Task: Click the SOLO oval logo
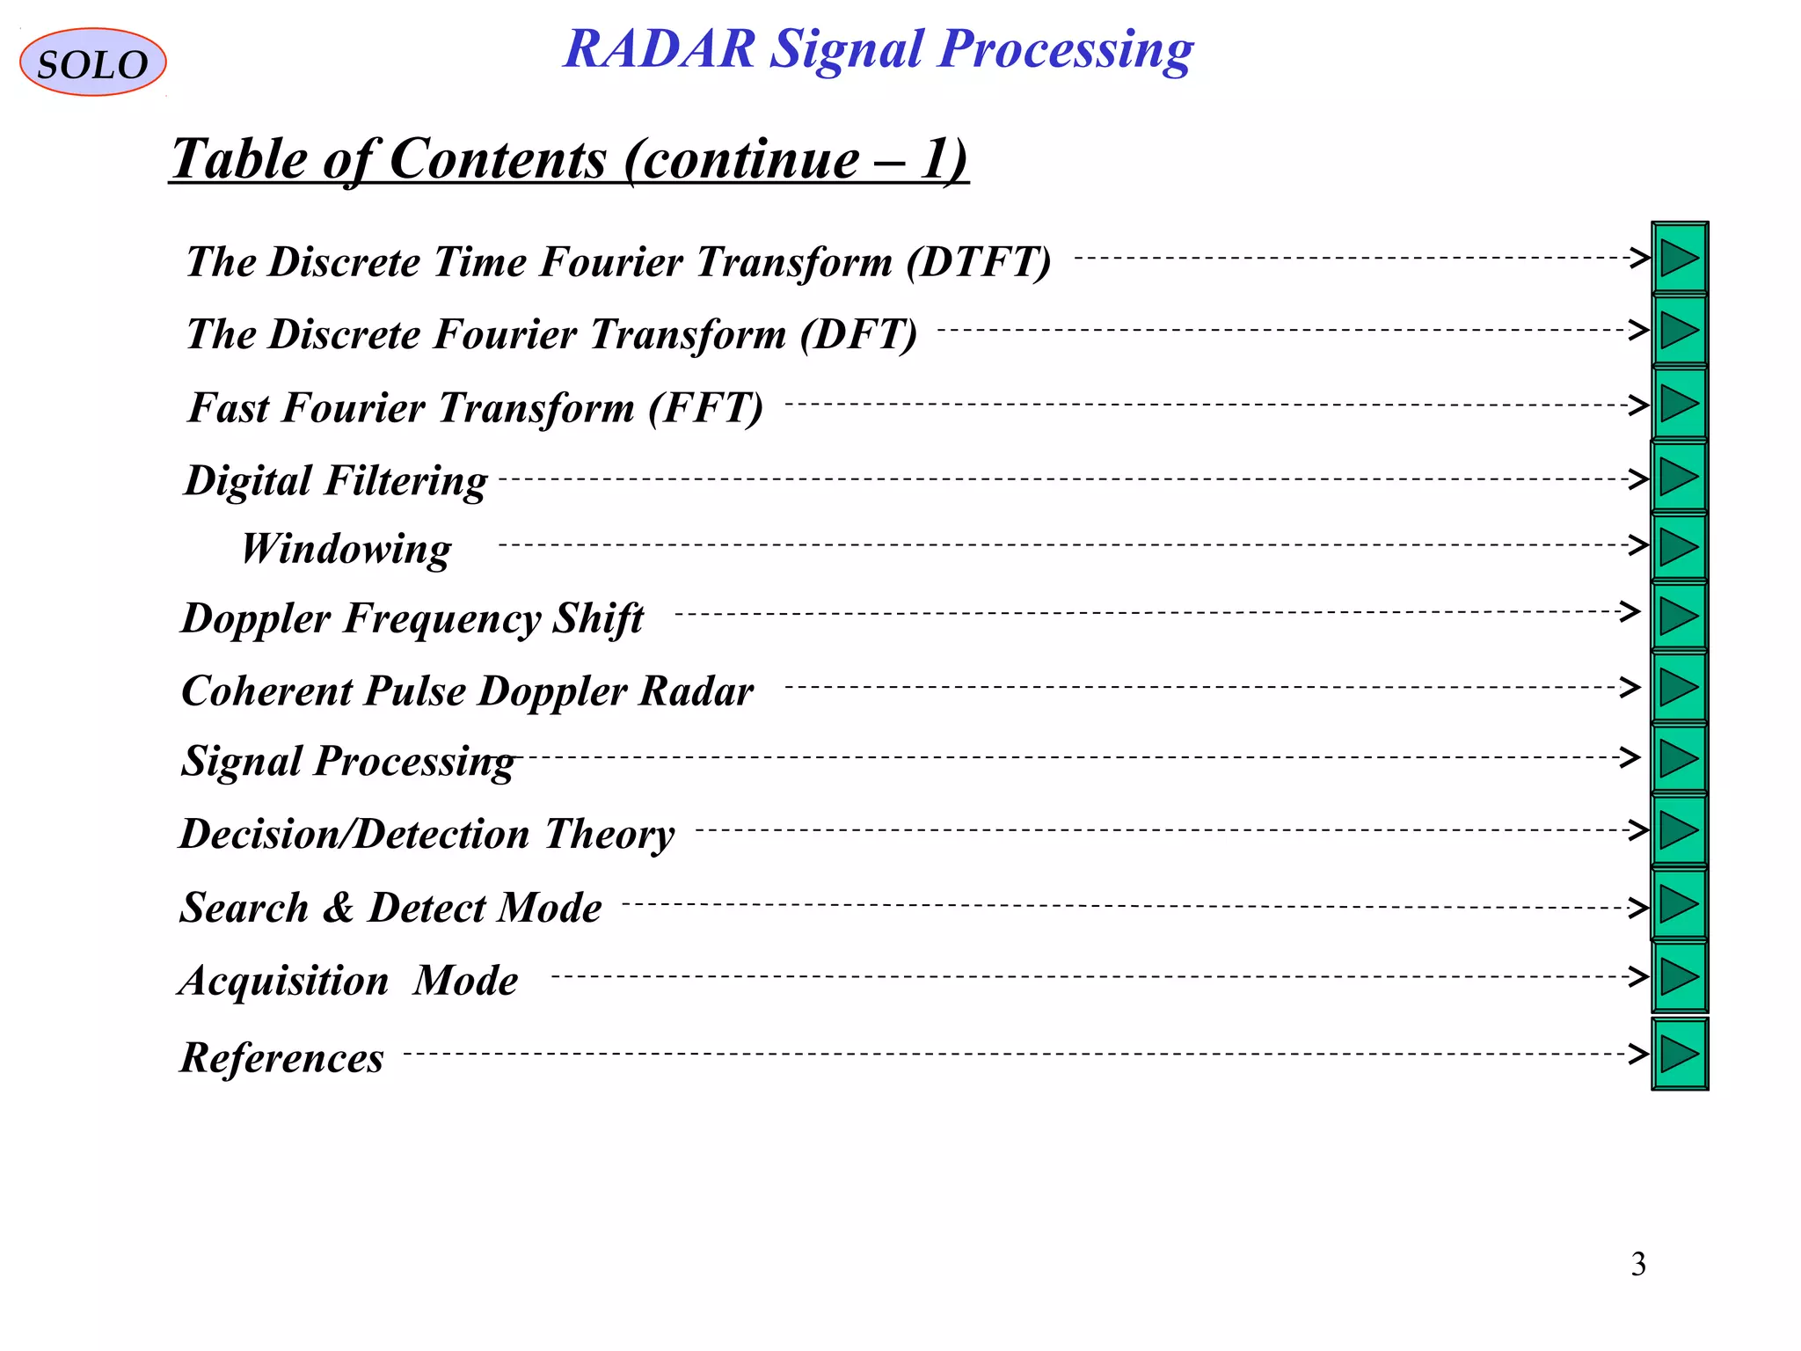pyautogui.click(x=92, y=62)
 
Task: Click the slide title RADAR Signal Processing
pyautogui.click(x=878, y=48)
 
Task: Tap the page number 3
pyautogui.click(x=1638, y=1264)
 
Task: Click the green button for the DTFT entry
pyautogui.click(x=1679, y=259)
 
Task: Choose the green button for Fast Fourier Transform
pyautogui.click(x=1679, y=405)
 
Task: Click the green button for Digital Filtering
pyautogui.click(x=1679, y=478)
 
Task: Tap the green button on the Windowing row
pyautogui.click(x=1679, y=547)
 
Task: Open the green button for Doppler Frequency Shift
pyautogui.click(x=1679, y=616)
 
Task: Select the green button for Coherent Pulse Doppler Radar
pyautogui.click(x=1679, y=687)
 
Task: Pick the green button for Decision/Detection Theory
pyautogui.click(x=1679, y=830)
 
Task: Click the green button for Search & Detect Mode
pyautogui.click(x=1679, y=904)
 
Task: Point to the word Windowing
pyautogui.click(x=346, y=549)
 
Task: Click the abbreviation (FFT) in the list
pyautogui.click(x=705, y=408)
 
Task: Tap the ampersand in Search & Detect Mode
pyautogui.click(x=338, y=908)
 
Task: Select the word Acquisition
pyautogui.click(x=283, y=981)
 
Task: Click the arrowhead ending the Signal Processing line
pyautogui.click(x=1631, y=757)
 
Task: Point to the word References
pyautogui.click(x=281, y=1057)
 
